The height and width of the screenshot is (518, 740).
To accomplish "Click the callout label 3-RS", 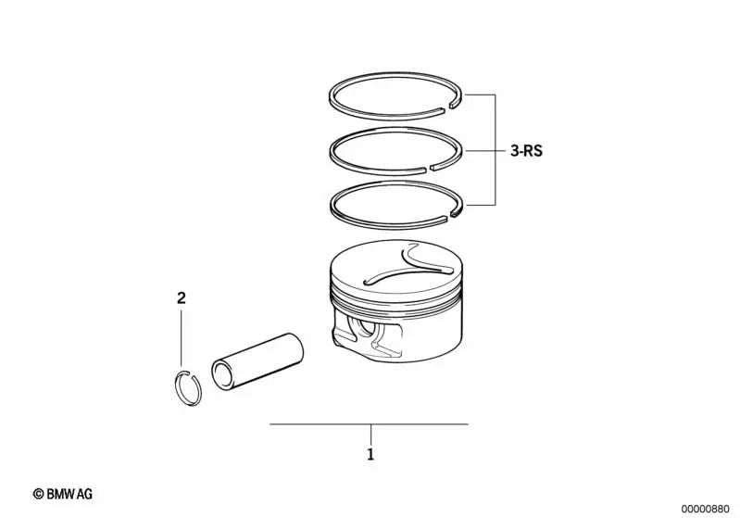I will (525, 150).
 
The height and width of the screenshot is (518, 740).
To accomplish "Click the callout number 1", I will (370, 455).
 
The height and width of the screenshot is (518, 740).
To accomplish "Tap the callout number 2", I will (182, 298).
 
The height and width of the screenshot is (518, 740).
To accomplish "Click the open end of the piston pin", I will (223, 376).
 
